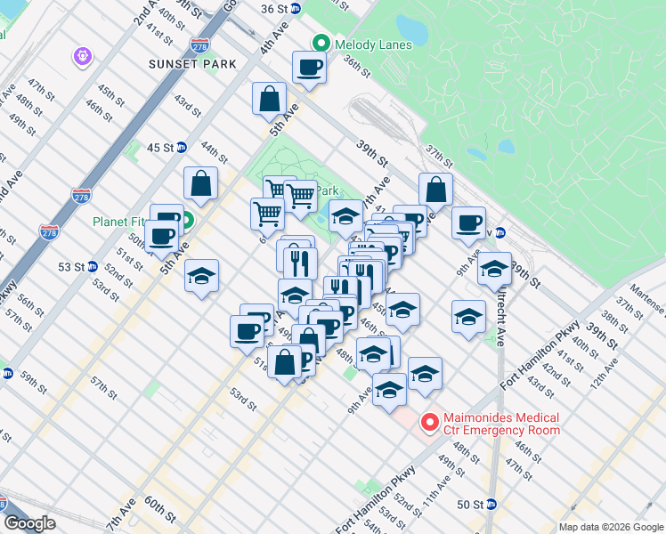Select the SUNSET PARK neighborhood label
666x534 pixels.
click(193, 64)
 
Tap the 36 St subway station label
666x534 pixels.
click(275, 8)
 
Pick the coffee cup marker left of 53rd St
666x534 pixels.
click(247, 331)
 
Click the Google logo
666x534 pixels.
click(29, 523)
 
